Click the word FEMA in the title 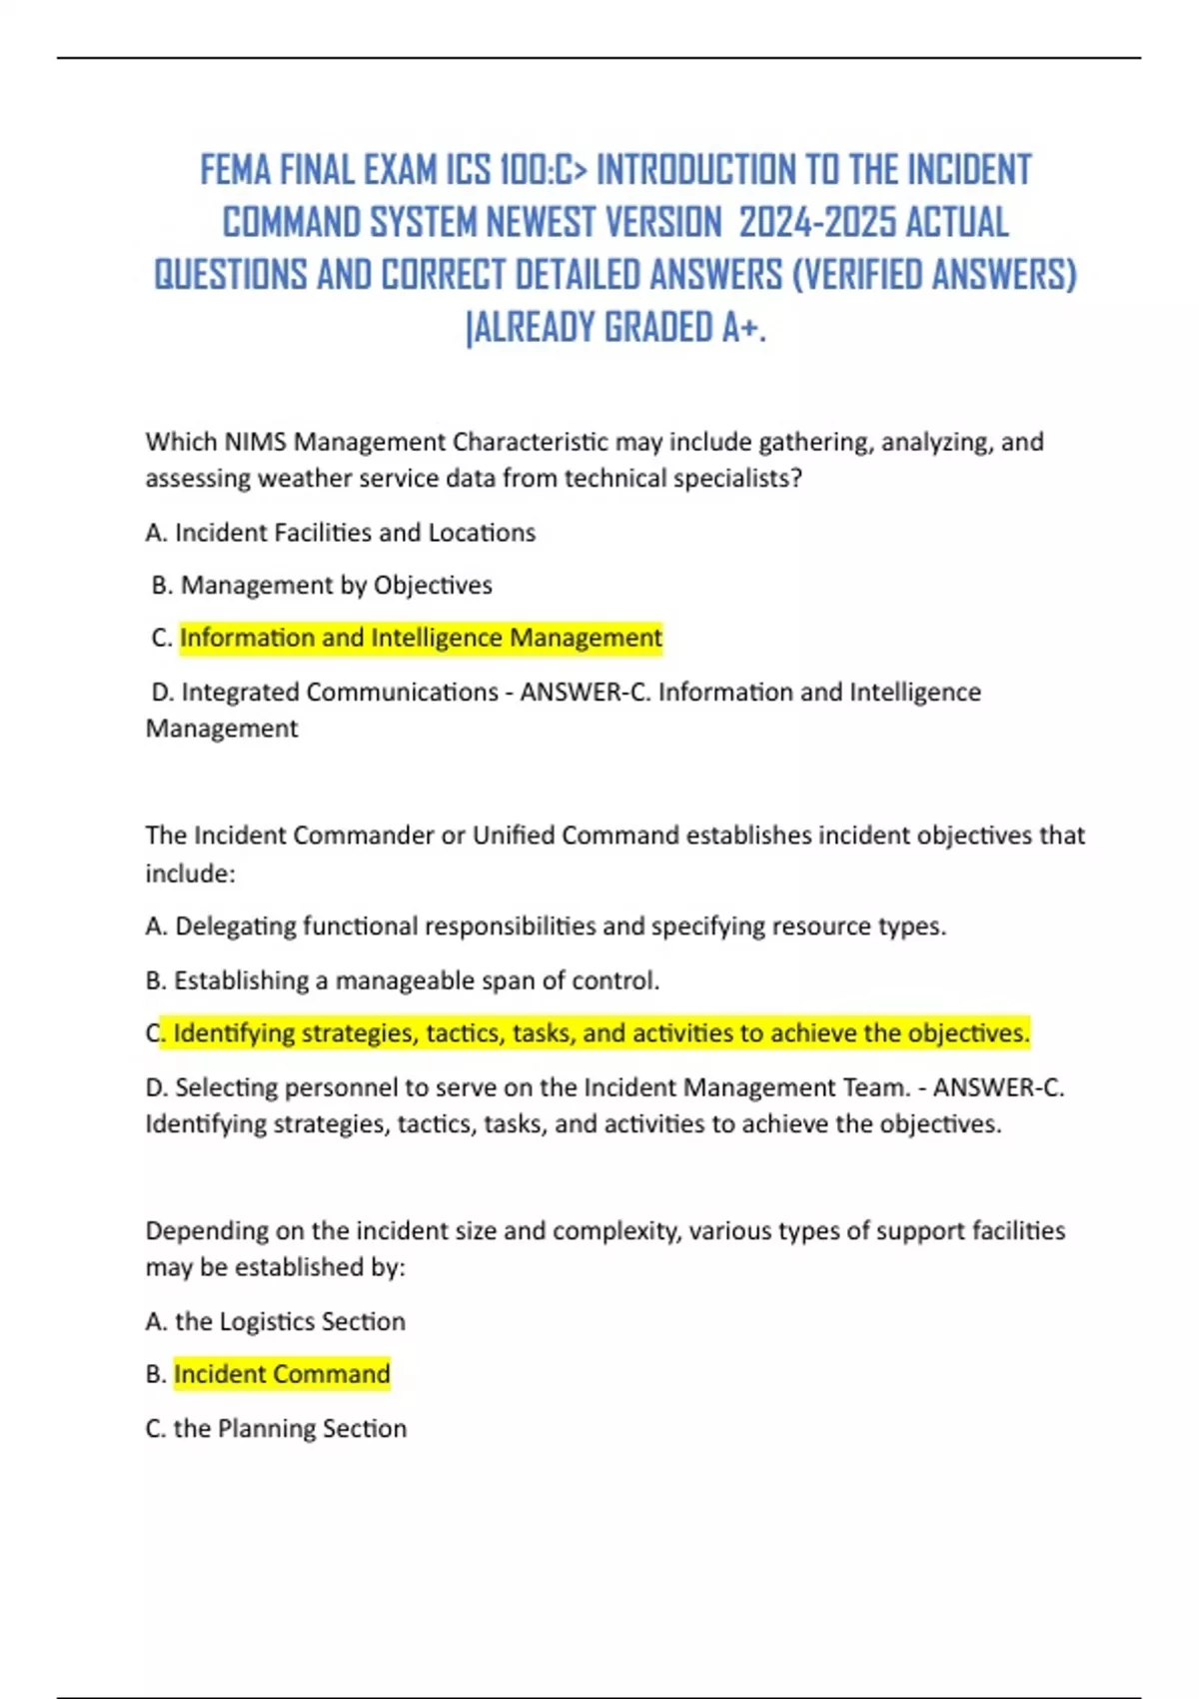(x=236, y=171)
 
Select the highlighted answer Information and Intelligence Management (x=421, y=638)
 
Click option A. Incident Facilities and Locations (x=341, y=533)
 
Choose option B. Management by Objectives (x=322, y=586)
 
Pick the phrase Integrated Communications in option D (x=340, y=693)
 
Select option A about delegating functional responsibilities (x=546, y=926)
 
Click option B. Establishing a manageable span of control (x=403, y=980)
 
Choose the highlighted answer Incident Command (x=282, y=1374)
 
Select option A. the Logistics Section (x=276, y=1321)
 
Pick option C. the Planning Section (x=276, y=1428)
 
